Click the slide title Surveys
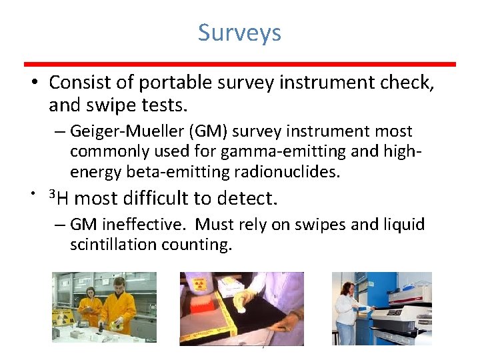[x=239, y=33]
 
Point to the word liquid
[x=401, y=225]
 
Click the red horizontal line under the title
[x=240, y=64]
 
